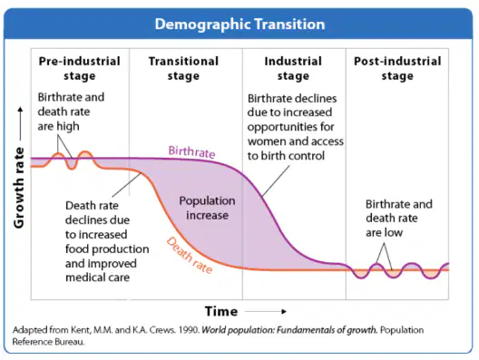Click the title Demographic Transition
coord(239,24)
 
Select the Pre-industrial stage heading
coord(80,68)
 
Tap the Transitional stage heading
coord(183,68)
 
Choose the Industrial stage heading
coord(293,68)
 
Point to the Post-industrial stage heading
coord(397,68)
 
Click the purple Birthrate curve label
coord(191,151)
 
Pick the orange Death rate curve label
coord(190,256)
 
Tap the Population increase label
coord(207,208)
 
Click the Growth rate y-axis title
coord(19,188)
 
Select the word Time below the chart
coord(221,311)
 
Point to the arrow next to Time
coord(266,311)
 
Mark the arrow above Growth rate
coord(20,123)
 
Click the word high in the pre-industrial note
coord(67,126)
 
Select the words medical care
coord(97,277)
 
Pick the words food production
coord(107,249)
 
